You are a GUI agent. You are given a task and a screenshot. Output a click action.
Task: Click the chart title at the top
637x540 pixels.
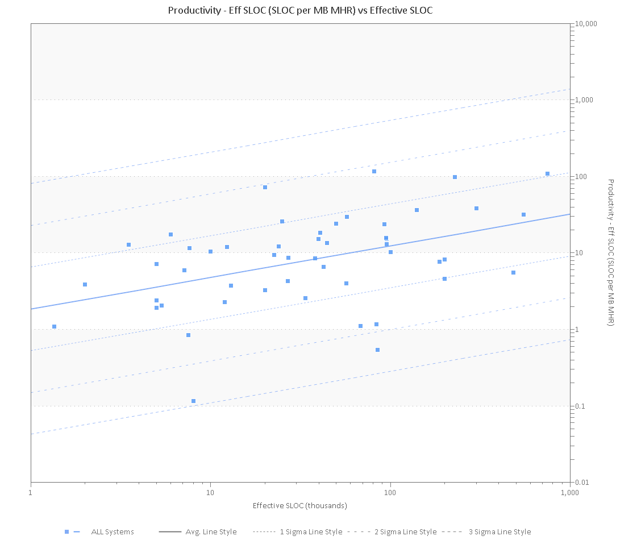point(300,10)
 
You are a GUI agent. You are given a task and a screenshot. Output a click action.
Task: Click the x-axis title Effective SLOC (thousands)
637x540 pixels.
point(300,505)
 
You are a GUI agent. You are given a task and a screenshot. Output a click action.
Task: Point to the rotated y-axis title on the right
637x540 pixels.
point(611,252)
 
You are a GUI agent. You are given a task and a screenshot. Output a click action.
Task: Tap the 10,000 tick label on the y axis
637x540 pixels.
point(586,24)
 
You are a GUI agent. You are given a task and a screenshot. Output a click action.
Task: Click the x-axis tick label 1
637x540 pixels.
point(31,492)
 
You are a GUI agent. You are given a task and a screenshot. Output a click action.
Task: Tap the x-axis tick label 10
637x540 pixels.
point(210,492)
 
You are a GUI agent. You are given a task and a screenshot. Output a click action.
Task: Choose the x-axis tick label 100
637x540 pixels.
point(390,492)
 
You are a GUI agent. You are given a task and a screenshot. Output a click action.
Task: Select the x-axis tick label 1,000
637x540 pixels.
point(570,492)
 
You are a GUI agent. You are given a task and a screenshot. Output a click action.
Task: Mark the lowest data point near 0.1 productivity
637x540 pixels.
point(193,401)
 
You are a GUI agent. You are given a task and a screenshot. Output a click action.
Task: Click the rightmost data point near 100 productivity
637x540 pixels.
point(547,174)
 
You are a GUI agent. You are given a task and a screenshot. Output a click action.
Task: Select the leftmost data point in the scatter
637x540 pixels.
point(54,326)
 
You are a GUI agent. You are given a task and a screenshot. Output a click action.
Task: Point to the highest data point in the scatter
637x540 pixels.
point(374,171)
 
